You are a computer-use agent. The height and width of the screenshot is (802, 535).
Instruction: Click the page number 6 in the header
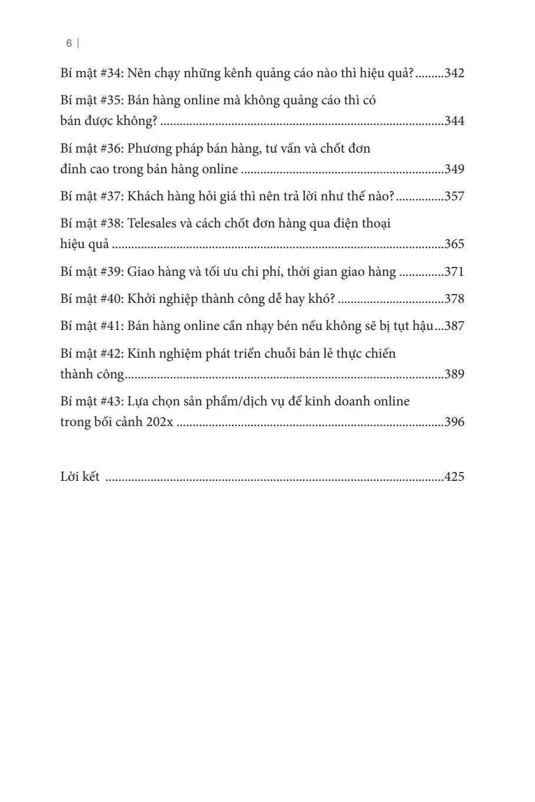[x=70, y=43]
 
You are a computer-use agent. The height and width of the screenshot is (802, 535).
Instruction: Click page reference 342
[x=454, y=74]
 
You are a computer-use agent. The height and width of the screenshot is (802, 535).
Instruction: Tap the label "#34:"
[x=108, y=74]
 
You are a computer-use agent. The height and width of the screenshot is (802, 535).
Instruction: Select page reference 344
[x=454, y=121]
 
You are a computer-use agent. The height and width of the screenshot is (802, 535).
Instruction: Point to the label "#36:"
[x=108, y=148]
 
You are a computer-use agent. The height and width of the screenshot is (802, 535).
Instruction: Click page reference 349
[x=454, y=170]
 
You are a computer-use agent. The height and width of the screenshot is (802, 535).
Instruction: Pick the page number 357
[x=454, y=196]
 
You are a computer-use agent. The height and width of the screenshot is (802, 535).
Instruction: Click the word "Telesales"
[x=154, y=223]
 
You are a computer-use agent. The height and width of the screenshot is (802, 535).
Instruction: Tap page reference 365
[x=454, y=245]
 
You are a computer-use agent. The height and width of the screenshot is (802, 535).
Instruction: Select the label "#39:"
[x=108, y=272]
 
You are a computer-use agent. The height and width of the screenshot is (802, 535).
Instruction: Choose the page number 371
[x=454, y=272]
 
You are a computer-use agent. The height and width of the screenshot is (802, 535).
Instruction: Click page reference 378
[x=454, y=299]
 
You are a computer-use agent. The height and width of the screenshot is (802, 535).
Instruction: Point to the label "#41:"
[x=108, y=326]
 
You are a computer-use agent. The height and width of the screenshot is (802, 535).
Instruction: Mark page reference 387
[x=454, y=326]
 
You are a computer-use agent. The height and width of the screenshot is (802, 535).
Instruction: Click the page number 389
[x=454, y=374]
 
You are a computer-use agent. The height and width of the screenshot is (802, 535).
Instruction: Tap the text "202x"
[x=160, y=423]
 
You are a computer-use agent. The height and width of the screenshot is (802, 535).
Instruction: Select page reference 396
[x=454, y=423]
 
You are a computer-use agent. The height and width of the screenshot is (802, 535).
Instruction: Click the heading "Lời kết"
[x=80, y=477]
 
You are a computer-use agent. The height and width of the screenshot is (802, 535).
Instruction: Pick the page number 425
[x=454, y=477]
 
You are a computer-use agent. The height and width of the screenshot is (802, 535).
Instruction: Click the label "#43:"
[x=108, y=401]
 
